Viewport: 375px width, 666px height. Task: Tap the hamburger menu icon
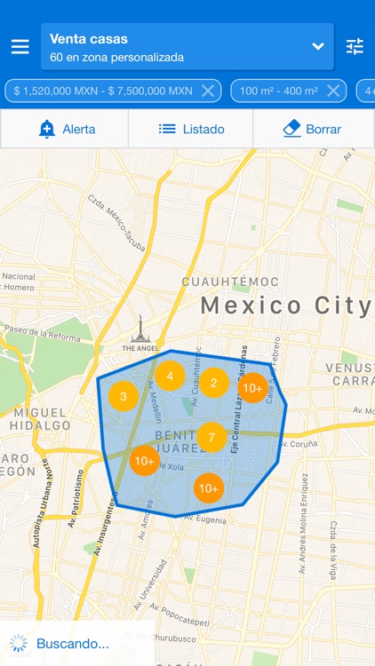pos(20,47)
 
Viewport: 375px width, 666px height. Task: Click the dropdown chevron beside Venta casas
pos(318,46)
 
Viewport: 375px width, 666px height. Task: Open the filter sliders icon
pos(355,47)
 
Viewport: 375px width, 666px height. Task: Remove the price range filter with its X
pos(208,91)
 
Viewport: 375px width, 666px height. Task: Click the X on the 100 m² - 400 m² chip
pos(334,91)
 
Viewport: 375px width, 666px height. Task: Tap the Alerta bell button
pos(66,129)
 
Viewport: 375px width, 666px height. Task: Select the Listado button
pos(191,129)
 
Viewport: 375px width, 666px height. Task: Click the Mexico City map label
pos(285,306)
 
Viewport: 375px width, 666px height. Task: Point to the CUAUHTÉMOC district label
pos(230,281)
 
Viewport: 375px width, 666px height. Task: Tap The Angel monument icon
pos(138,329)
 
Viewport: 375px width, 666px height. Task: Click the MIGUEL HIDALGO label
pos(40,419)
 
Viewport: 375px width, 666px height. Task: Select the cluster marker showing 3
pos(124,396)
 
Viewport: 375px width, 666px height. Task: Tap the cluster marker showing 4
pos(170,376)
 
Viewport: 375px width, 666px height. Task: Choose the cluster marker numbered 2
pos(213,383)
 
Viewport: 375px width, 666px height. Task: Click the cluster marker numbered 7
pos(211,438)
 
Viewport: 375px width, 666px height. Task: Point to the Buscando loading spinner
pos(18,644)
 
